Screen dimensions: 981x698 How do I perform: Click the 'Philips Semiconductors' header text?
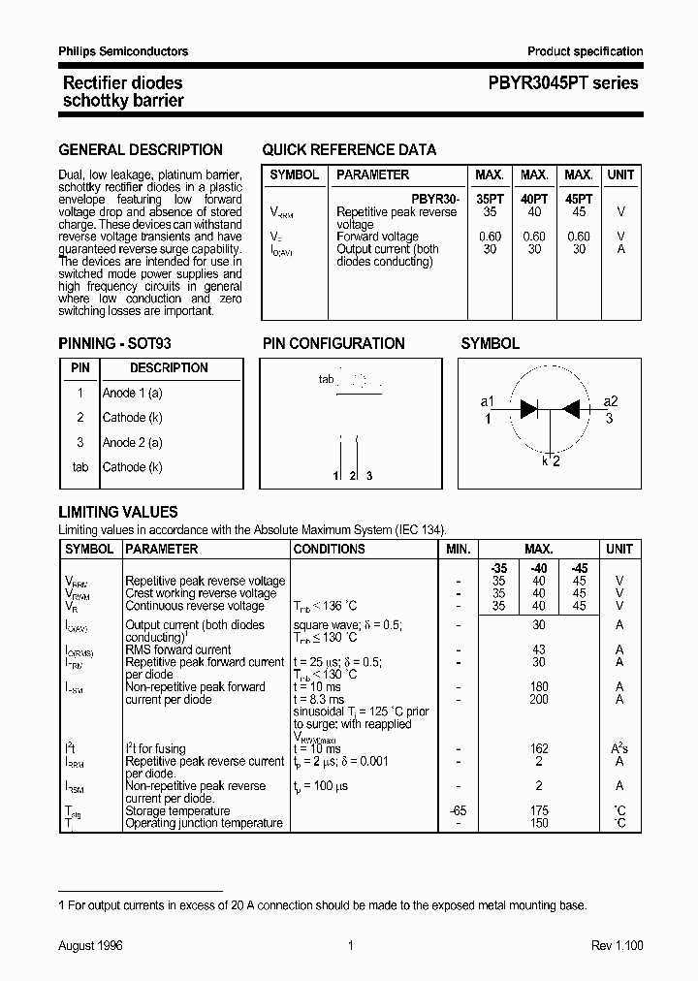coord(123,51)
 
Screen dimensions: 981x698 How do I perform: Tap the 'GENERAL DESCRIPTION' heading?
coord(141,150)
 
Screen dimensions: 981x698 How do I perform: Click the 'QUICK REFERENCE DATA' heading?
coord(349,150)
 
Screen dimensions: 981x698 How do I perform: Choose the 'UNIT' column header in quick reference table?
coord(620,175)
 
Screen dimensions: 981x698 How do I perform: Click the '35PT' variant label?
coord(489,199)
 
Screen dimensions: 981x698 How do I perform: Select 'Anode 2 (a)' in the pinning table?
coord(133,443)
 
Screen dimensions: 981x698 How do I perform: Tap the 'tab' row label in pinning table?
coord(80,467)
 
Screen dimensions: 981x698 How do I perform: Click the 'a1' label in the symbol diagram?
coord(488,401)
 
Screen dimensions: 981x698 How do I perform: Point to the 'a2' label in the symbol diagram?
coord(611,401)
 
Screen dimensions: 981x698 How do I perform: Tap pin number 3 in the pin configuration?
coord(369,476)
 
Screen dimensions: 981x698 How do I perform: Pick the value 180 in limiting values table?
coord(539,687)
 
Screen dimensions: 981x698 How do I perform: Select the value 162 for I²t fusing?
coord(539,749)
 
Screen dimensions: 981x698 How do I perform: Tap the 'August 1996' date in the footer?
coord(90,945)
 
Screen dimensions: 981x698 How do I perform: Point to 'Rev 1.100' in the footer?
coord(617,945)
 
